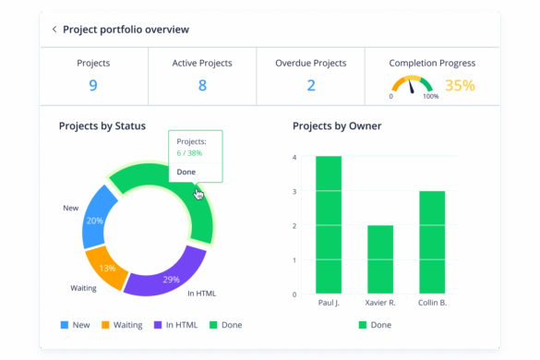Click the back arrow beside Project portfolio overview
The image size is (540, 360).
pos(54,30)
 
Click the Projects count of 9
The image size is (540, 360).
pos(93,86)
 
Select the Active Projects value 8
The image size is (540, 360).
pos(202,86)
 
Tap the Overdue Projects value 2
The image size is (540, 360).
pos(311,86)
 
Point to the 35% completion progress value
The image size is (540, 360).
pos(460,86)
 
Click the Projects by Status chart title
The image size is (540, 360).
pos(102,126)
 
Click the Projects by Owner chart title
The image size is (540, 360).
pos(337,126)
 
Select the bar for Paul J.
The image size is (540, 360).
pos(329,225)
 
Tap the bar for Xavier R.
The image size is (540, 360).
pos(380,259)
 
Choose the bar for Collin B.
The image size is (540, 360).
pos(432,243)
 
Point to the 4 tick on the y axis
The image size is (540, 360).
pos(294,157)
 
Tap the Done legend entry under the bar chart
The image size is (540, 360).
pos(375,325)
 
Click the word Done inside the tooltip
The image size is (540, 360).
pos(186,173)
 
